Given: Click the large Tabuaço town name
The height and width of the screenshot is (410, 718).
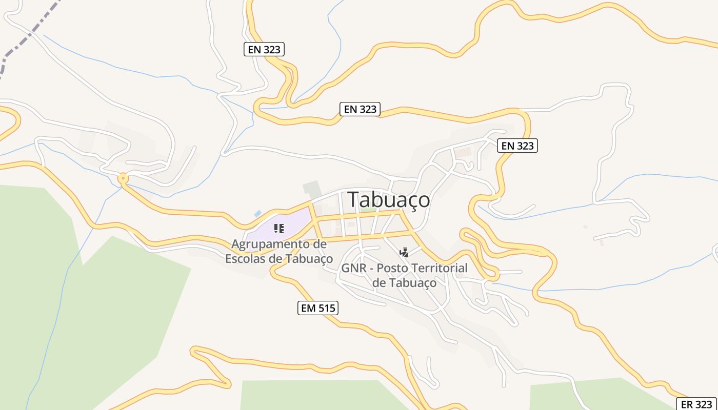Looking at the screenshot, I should [389, 200].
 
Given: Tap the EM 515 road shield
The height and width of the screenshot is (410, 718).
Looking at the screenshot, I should [317, 308].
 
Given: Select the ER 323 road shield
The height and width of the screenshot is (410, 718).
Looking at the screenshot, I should [696, 404].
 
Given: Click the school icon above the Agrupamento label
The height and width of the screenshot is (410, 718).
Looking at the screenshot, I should [278, 228].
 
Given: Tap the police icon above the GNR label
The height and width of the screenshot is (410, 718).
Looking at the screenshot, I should [404, 252].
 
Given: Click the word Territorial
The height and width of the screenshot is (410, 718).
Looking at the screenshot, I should [442, 268].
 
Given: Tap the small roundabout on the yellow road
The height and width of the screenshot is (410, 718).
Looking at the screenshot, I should [123, 178].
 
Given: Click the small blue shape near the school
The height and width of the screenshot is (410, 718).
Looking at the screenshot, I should [257, 213].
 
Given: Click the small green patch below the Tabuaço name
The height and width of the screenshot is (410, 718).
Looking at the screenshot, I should [367, 209].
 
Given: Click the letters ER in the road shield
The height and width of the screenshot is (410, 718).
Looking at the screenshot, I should [687, 404].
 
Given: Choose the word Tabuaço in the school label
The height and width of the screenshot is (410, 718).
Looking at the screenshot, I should [308, 259].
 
